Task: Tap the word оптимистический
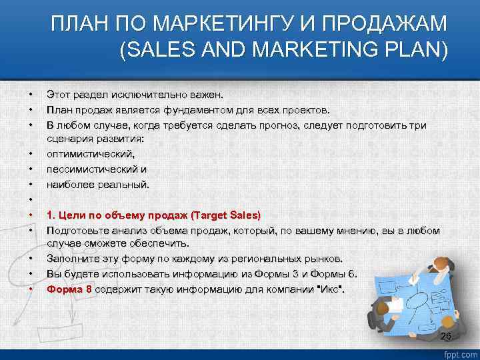pos(85,154)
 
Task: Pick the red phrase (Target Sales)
pos(226,215)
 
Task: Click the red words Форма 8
pos(69,289)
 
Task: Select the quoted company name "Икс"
pos(330,289)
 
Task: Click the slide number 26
pos(446,337)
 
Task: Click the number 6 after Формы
pos(352,273)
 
